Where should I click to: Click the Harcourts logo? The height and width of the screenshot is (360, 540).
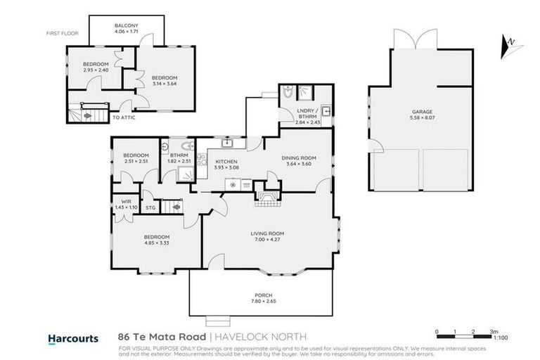point(72,338)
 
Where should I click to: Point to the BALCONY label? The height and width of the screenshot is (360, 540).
point(127,26)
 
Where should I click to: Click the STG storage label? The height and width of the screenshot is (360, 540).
point(150,207)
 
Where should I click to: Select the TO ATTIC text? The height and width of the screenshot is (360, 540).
point(124,117)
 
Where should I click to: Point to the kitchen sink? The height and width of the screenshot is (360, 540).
point(226,143)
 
